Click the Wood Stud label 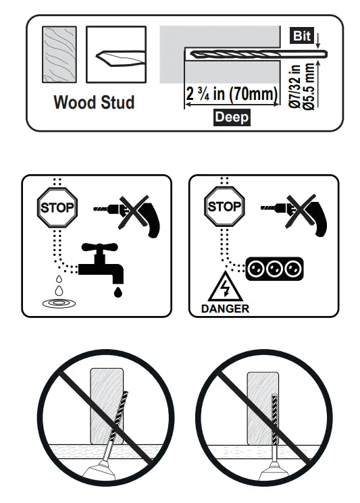pyautogui.click(x=94, y=103)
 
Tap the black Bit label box pyautogui.click(x=302, y=36)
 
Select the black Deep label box pyautogui.click(x=232, y=117)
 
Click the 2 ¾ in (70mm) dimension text pyautogui.click(x=232, y=94)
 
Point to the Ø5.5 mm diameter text pyautogui.click(x=310, y=86)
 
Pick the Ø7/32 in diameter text pyautogui.click(x=294, y=86)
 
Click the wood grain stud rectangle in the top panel pyautogui.click(x=59, y=55)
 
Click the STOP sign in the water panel pyautogui.click(x=57, y=207)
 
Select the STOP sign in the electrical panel pyautogui.click(x=224, y=207)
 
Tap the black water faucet pyautogui.click(x=101, y=263)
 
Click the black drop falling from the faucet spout pyautogui.click(x=118, y=292)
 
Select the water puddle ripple pyautogui.click(x=59, y=303)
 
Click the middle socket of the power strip pyautogui.click(x=274, y=269)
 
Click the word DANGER pyautogui.click(x=225, y=309)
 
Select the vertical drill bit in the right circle pyautogui.click(x=274, y=419)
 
